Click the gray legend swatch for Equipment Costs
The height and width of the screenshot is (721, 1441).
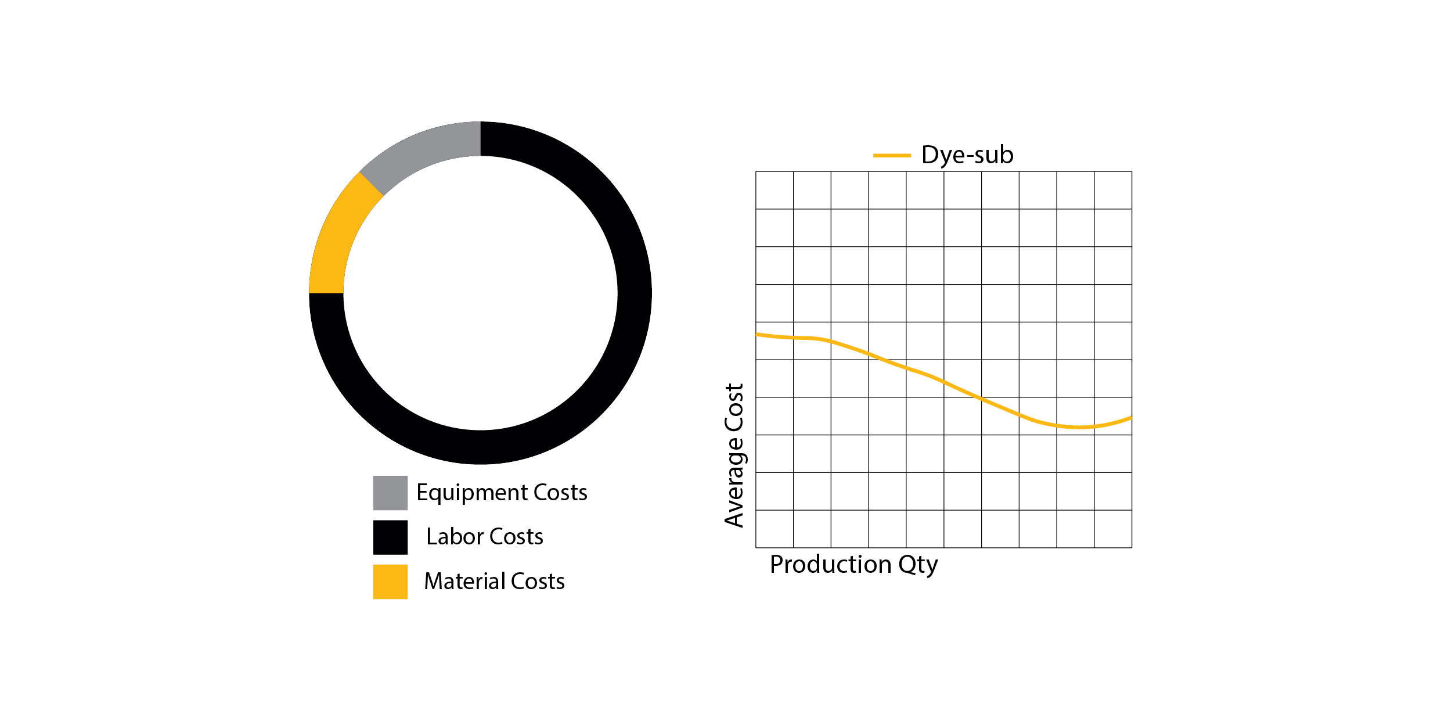pyautogui.click(x=390, y=493)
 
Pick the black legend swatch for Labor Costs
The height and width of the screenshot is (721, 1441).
pyautogui.click(x=390, y=537)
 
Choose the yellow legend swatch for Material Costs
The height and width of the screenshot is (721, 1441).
pyautogui.click(x=390, y=582)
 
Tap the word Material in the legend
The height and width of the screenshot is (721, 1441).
pyautogui.click(x=464, y=582)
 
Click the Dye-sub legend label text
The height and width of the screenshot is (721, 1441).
pyautogui.click(x=967, y=155)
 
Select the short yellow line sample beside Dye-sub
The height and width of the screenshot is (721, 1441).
pyautogui.click(x=892, y=156)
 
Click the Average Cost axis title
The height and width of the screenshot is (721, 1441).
pyautogui.click(x=734, y=455)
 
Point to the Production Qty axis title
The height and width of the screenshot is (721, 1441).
pyautogui.click(x=853, y=565)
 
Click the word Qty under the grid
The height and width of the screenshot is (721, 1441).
pyautogui.click(x=918, y=565)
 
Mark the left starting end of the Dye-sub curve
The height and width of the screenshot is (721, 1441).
pyautogui.click(x=758, y=335)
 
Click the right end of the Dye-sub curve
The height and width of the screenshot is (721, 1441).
pyautogui.click(x=1130, y=418)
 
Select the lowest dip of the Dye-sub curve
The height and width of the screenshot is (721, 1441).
pyautogui.click(x=1079, y=428)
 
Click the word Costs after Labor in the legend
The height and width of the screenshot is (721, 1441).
pyautogui.click(x=516, y=537)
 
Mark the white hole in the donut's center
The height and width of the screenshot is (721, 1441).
pyautogui.click(x=480, y=293)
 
